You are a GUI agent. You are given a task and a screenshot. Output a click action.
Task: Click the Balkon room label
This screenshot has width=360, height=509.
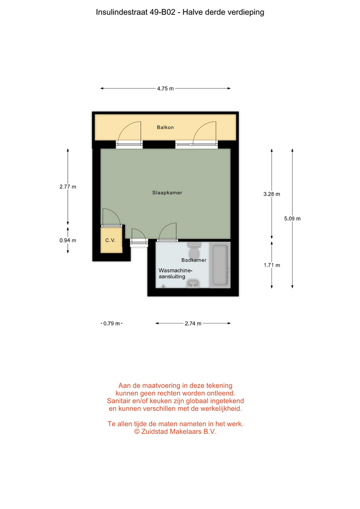tap(165, 127)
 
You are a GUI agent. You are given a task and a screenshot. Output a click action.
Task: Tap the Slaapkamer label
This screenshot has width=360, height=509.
tap(167, 192)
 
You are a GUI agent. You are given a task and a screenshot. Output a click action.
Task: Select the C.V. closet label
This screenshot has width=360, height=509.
tap(110, 240)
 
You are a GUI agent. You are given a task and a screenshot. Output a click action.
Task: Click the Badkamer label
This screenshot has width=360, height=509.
tap(194, 260)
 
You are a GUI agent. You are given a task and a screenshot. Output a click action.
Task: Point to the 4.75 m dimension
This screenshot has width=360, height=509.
tap(165, 89)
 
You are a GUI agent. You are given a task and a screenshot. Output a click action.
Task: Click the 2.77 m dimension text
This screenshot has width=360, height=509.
tap(68, 187)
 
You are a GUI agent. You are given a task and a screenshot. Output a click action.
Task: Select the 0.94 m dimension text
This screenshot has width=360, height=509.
tap(68, 240)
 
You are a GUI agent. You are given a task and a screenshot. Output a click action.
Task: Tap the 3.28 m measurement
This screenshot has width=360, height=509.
tap(271, 194)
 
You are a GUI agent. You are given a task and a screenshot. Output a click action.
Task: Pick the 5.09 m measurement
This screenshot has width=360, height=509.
tap(293, 218)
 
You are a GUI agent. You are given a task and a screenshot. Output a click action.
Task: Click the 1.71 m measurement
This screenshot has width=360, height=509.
tap(271, 265)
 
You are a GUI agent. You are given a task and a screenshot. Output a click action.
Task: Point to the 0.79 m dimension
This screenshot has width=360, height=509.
tap(112, 323)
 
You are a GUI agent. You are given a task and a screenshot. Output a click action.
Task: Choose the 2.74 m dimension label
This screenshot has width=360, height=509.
tap(193, 323)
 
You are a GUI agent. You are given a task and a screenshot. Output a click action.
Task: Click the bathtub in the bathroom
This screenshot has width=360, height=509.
tap(220, 265)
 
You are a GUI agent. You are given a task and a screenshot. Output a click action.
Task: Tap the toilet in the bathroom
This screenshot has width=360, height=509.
tap(195, 250)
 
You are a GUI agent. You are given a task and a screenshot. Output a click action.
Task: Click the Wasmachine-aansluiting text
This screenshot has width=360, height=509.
tap(175, 274)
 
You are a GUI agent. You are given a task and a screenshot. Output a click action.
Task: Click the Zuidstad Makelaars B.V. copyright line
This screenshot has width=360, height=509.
tap(175, 432)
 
